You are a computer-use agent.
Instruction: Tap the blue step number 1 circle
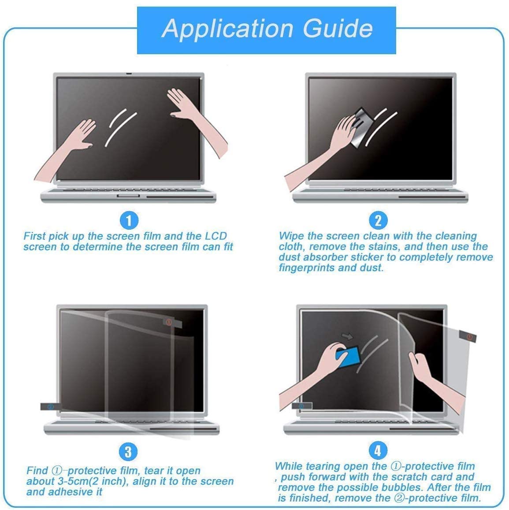point(129,220)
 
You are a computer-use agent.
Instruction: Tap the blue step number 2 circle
point(378,220)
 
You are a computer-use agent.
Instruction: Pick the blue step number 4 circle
point(378,450)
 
